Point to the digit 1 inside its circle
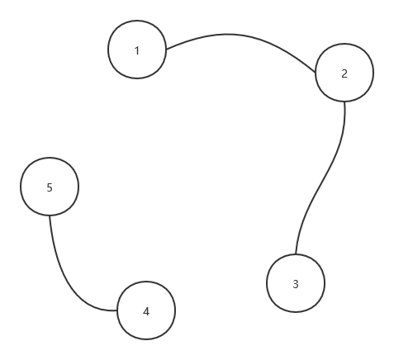(x=137, y=51)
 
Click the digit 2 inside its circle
(x=344, y=73)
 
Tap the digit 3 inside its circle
(x=296, y=284)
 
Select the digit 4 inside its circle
(x=146, y=311)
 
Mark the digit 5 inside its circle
(x=50, y=187)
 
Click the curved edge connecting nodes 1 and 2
(x=234, y=35)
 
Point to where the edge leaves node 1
(x=167, y=50)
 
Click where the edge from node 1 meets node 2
(x=316, y=73)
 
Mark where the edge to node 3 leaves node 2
(x=344, y=102)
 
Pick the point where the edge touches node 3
(x=296, y=254)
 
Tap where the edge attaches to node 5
(x=50, y=216)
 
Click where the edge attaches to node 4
(x=117, y=310)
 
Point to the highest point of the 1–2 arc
(x=227, y=35)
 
